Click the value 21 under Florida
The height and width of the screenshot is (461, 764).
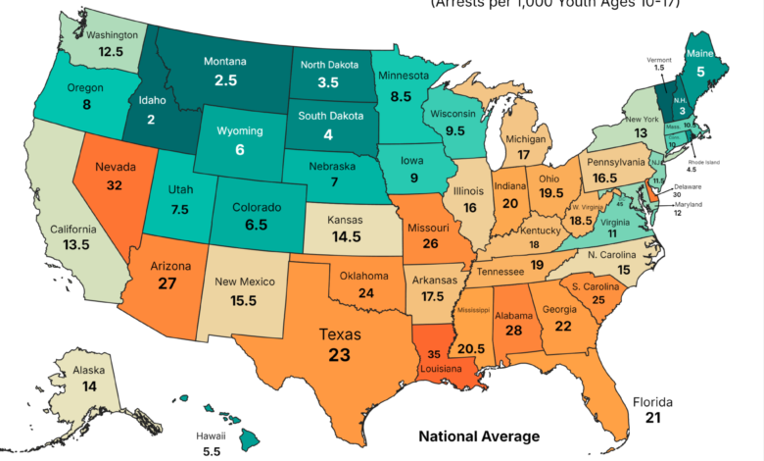pos(654,417)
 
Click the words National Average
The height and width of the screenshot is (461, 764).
pos(479,435)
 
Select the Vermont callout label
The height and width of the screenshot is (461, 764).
pos(659,60)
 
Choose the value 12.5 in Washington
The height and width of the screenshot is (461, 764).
pos(111,51)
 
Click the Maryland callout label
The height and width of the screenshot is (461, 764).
pos(689,204)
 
